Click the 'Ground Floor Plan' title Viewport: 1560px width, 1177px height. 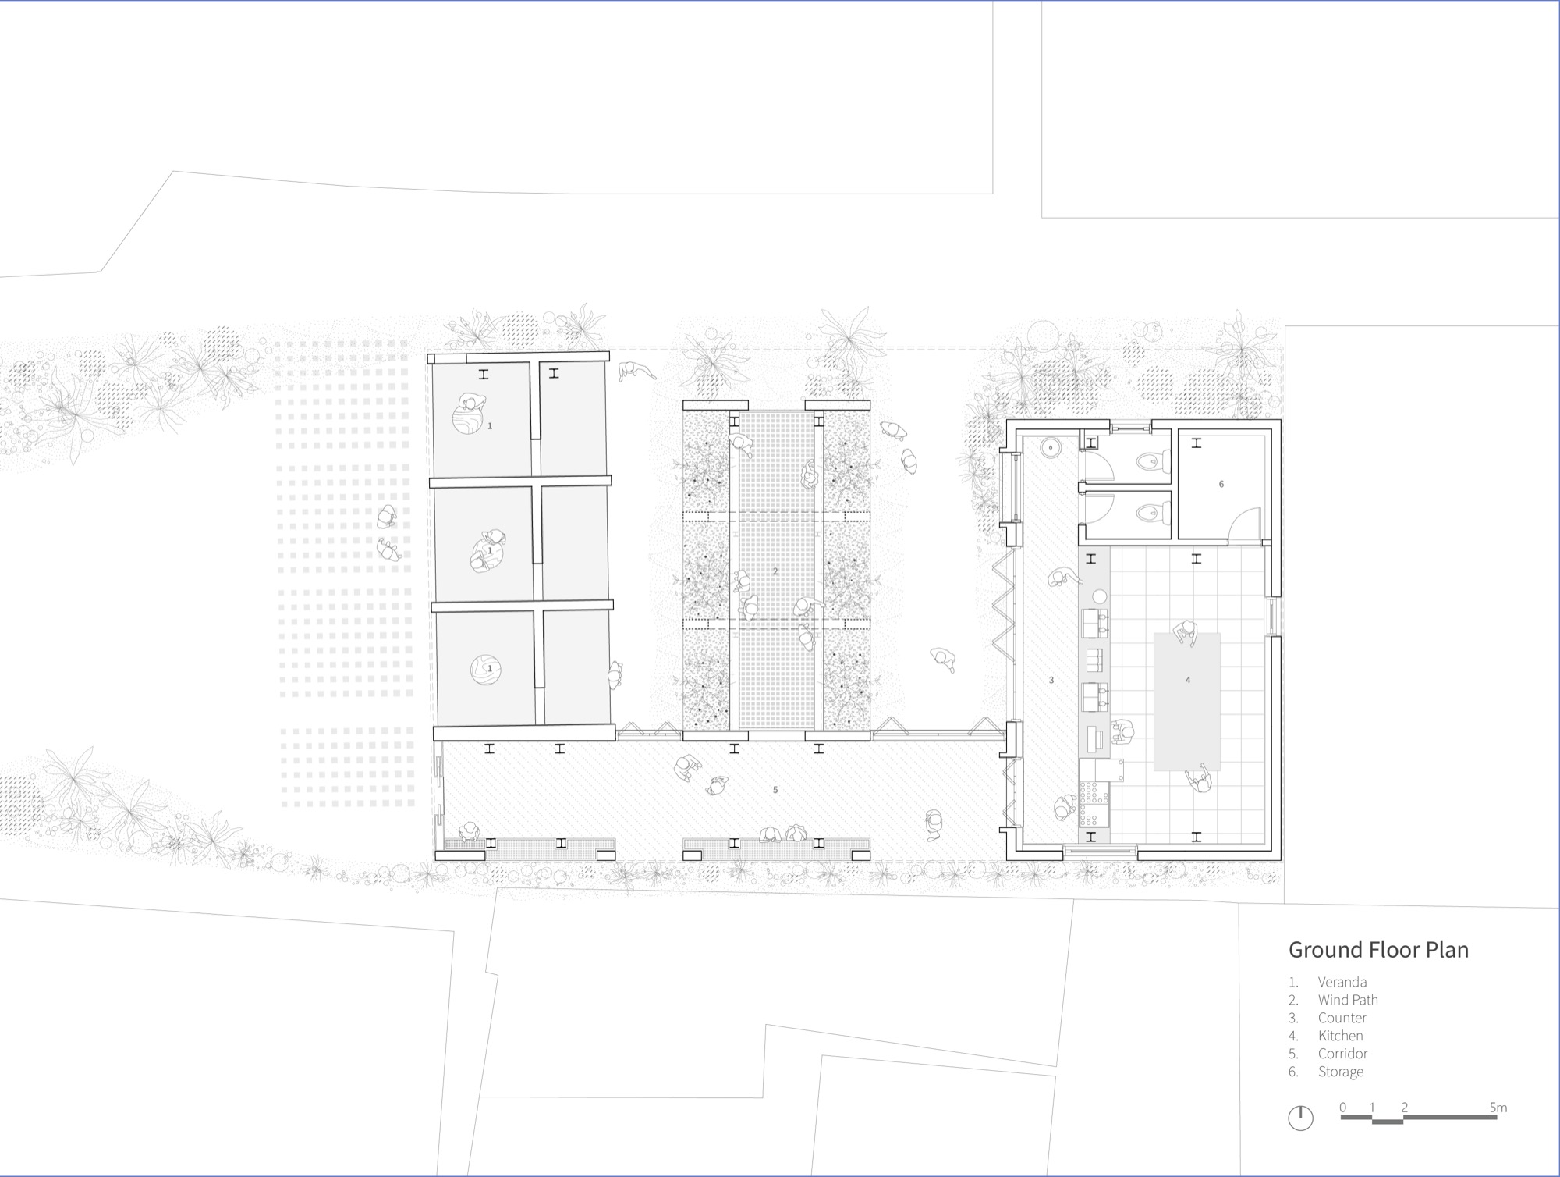(1378, 950)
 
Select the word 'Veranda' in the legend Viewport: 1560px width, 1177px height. (1342, 982)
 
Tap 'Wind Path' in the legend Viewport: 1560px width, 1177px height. (1348, 1000)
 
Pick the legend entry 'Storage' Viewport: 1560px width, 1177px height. (1341, 1072)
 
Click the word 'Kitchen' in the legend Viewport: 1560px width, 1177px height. (1341, 1036)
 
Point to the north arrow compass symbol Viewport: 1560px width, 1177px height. (1300, 1118)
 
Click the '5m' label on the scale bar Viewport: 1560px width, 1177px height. (1498, 1107)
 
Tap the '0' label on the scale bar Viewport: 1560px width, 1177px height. (1342, 1107)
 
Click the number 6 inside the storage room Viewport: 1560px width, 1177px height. (1221, 484)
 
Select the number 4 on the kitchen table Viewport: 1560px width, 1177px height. (1188, 680)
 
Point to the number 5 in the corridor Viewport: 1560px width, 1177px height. (775, 790)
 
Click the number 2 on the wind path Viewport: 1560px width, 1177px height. (775, 571)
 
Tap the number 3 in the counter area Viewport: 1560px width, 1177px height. (1051, 681)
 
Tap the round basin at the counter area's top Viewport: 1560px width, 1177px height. (1053, 448)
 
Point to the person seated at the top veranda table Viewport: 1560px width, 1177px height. (472, 404)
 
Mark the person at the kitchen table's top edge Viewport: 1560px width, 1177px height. (1186, 633)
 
